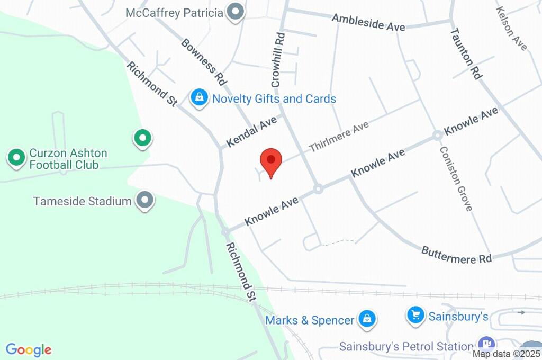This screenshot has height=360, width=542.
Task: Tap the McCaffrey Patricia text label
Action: pos(174,12)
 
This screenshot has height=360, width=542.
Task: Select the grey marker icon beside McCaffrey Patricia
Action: pos(234,12)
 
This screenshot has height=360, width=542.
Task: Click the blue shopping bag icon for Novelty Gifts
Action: pos(199,98)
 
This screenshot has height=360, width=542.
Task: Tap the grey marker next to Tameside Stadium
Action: pos(144,201)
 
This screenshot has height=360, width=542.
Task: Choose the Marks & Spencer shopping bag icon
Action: pos(366,319)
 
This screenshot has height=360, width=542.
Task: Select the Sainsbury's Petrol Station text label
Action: pos(405,347)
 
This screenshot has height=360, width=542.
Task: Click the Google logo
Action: pos(29,350)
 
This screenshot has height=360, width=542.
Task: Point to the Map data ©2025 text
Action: pos(506,354)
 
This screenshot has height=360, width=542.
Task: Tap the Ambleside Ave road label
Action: pos(368,22)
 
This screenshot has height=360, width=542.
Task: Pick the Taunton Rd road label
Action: pos(466,53)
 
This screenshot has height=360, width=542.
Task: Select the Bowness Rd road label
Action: pos(204,62)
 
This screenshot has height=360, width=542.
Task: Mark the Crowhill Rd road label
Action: pos(278,59)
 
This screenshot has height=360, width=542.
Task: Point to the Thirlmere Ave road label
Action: pos(339,136)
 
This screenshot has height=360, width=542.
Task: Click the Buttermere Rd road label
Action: pos(456,255)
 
